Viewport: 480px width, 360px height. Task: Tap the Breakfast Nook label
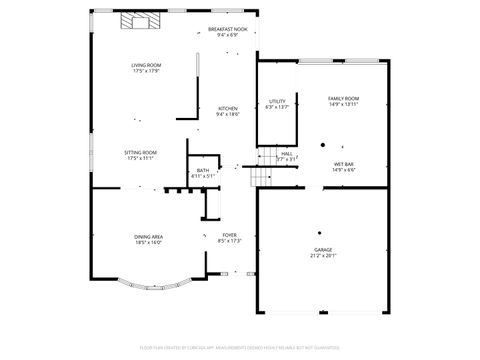228,30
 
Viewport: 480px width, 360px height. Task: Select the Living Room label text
145,66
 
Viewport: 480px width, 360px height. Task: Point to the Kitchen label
228,108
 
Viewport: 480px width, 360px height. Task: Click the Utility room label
278,101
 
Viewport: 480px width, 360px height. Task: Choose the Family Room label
343,98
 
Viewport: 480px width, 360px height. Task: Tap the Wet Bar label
343,164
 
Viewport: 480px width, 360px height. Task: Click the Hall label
286,153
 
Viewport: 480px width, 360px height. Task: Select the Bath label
203,171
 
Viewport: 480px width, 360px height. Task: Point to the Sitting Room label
141,152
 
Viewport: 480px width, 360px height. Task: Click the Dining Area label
149,236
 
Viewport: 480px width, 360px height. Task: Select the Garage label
323,250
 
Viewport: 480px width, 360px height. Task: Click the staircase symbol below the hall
260,177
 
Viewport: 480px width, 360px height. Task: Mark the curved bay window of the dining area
149,287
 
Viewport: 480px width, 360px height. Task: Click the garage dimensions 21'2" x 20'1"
323,256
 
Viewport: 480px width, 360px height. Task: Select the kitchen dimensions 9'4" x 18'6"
228,114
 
